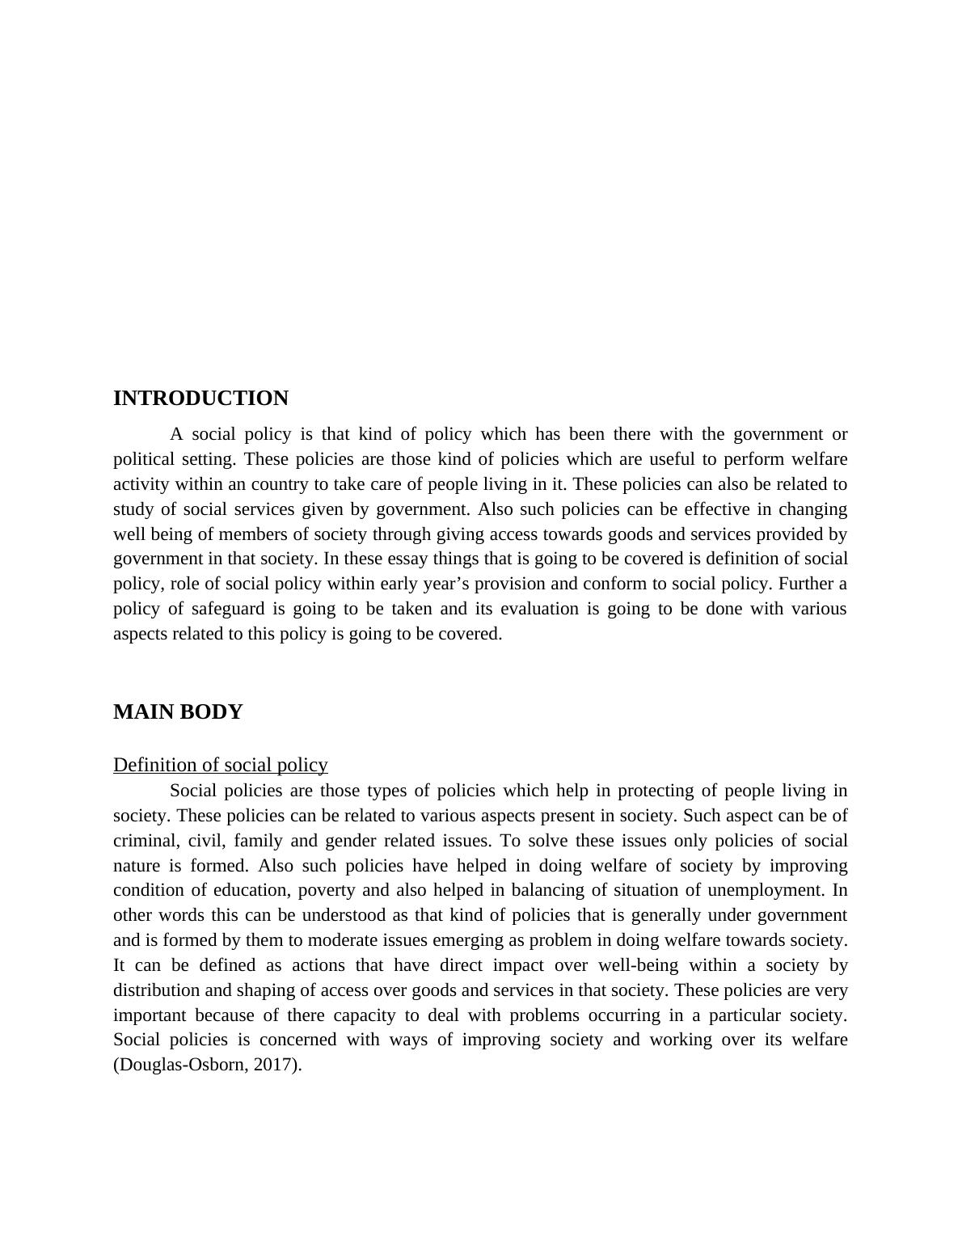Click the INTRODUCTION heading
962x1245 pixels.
[x=200, y=399]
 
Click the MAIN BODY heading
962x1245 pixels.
[x=178, y=712]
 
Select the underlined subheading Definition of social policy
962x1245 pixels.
[x=220, y=765]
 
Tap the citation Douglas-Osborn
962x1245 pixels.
[x=182, y=1065]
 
